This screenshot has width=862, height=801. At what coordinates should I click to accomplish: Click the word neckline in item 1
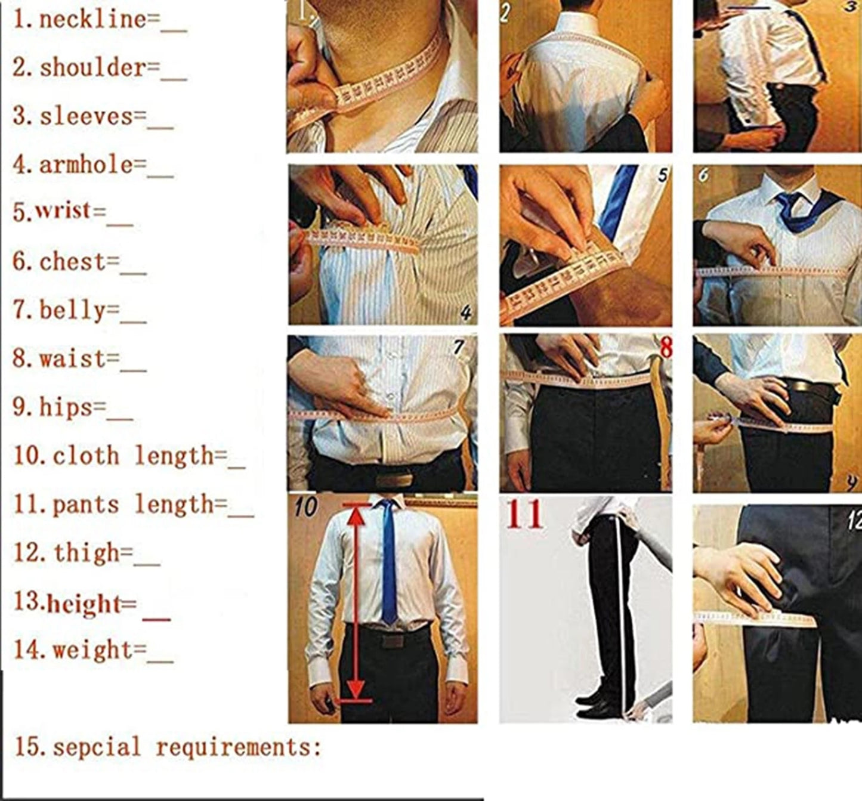tap(92, 20)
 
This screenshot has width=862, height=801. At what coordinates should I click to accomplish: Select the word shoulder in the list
tap(92, 68)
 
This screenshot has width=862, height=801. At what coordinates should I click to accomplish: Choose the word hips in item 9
tap(66, 407)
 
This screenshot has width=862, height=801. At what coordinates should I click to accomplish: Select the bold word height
tap(84, 604)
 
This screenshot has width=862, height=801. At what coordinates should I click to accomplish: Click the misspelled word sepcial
tap(97, 747)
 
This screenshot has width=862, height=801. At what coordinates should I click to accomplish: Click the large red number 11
tap(524, 515)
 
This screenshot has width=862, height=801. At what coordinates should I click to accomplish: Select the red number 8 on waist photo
tap(666, 348)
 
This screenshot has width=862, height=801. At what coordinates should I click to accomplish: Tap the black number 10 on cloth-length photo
tap(305, 507)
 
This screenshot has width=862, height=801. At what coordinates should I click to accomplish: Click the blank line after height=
tap(156, 619)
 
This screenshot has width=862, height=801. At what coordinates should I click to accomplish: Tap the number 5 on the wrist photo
tap(662, 175)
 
